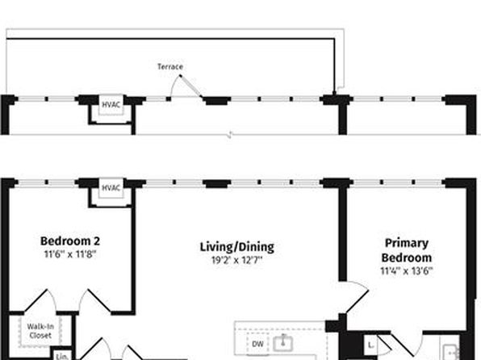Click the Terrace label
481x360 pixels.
pos(170,67)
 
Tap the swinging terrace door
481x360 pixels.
pos(190,86)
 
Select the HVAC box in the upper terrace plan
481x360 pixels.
pos(111,105)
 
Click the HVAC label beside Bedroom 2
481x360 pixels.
pos(111,188)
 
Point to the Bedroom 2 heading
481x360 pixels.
pos(70,241)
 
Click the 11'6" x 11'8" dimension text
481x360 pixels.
pos(70,254)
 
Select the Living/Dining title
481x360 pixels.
pos(237,247)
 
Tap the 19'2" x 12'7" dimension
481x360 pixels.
pos(237,260)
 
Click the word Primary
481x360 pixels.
pos(407,243)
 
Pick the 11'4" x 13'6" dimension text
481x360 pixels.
pos(407,271)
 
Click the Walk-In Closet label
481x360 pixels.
pos(40,331)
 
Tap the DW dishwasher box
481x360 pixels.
pos(257,344)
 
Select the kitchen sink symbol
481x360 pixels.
pos(282,343)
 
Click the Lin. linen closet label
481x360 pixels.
pos(62,357)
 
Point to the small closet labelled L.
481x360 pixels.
pos(370,345)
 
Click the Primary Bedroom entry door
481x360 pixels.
pos(357,296)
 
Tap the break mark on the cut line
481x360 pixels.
pos(230,135)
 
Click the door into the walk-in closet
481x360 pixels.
pos(40,301)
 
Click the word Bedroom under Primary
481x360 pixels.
pos(407,257)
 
